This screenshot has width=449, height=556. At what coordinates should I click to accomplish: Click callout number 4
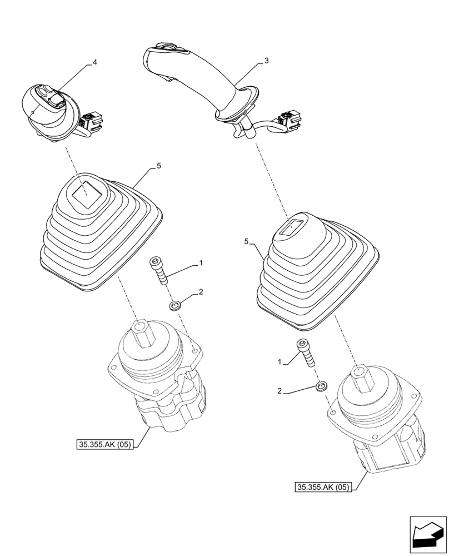point(94,62)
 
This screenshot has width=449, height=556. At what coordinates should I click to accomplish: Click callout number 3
point(267,61)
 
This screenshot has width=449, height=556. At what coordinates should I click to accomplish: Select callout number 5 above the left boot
point(158,165)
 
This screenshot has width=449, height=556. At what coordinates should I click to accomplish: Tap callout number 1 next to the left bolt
point(201,262)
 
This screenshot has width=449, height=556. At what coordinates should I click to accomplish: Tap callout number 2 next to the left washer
point(201,292)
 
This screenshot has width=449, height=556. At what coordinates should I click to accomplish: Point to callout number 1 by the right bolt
point(281,362)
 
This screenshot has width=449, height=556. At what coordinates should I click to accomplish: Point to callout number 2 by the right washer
point(281,392)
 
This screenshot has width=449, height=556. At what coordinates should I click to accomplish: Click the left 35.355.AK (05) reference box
point(104,445)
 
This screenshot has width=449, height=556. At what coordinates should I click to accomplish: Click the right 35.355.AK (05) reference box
point(323,488)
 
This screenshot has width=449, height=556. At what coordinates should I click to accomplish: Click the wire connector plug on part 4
point(90,121)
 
